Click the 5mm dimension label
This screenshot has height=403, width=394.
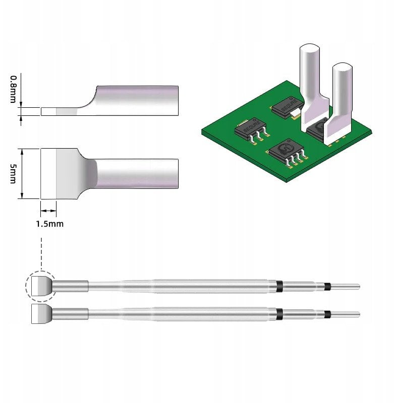click(14, 173)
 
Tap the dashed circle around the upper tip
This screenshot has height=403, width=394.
click(40, 287)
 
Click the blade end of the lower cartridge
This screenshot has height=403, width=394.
click(41, 314)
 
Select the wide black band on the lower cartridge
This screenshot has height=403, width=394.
click(279, 314)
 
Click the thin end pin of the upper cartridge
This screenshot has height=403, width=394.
click(346, 287)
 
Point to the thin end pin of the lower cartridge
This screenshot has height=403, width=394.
click(346, 314)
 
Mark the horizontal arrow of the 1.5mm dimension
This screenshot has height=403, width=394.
click(48, 211)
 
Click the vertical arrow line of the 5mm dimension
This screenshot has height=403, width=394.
click(23, 173)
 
